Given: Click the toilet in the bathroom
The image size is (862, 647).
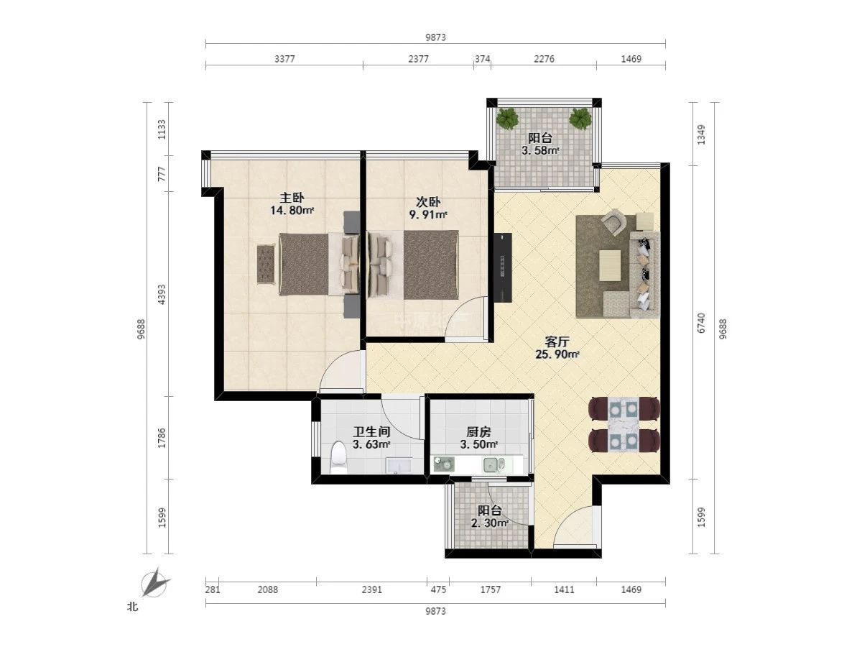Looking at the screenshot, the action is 338,457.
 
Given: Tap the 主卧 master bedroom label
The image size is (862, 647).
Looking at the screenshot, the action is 292,198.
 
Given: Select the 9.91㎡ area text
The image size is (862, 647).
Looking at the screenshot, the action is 428,214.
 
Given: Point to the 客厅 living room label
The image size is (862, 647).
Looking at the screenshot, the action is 557,341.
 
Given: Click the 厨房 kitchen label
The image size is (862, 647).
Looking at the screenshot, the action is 478,432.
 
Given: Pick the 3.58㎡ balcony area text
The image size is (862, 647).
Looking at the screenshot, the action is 540,150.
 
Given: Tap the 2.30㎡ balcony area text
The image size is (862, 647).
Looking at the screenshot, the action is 490,523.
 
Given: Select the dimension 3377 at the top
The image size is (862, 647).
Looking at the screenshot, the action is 284,59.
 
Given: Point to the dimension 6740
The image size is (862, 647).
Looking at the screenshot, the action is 701,323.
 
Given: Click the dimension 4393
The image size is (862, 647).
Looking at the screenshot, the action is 162,295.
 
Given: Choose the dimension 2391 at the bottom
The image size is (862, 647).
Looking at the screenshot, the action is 371,589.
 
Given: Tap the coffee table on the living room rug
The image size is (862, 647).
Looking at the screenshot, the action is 610,265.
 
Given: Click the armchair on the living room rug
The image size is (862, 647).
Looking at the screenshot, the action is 615,222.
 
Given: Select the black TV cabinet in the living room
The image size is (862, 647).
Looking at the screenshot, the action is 503,267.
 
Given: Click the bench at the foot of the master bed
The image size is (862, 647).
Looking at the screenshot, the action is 266,264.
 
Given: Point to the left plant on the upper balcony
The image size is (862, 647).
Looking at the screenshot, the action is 508,118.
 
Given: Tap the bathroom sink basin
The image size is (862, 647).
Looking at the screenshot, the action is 398,466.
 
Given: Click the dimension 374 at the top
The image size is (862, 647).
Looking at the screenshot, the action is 482,59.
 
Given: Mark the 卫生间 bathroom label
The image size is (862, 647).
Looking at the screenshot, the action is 371,432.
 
